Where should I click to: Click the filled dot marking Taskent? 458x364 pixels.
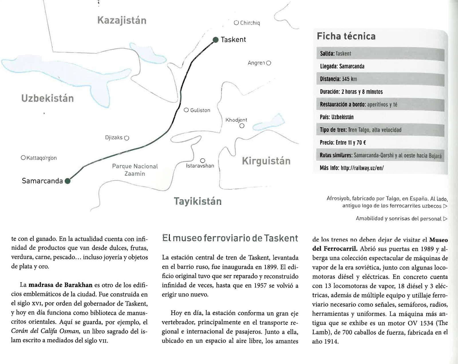coord(216,40)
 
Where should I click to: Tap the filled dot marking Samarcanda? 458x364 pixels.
coord(68,181)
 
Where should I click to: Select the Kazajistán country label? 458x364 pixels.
coord(122,20)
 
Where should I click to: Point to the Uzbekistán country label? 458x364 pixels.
coord(48,98)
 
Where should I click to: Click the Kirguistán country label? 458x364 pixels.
coord(266,161)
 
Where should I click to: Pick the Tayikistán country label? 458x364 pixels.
coord(198,201)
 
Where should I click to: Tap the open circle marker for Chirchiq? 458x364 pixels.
coord(236,23)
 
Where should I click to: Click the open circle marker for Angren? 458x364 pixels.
coord(269,63)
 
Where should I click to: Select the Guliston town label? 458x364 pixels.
coord(200,110)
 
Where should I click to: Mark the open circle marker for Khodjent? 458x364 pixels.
coord(242,126)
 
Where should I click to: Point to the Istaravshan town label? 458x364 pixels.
coord(200,166)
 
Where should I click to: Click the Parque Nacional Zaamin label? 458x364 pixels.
coord(135,170)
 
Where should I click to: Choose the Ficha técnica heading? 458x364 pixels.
coord(346,36)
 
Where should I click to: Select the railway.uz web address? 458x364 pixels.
coord(362,168)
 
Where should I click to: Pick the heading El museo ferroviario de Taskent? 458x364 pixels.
coord(230,238)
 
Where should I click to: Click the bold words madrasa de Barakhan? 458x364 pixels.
coord(60,285)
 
